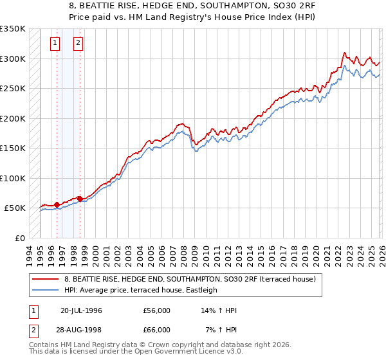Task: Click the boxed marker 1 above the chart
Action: [x=56, y=44]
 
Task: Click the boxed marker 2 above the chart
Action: [x=78, y=44]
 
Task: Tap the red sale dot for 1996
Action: [x=57, y=204]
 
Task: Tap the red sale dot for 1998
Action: [x=80, y=199]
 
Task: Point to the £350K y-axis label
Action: [x=13, y=29]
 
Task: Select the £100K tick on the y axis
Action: [x=13, y=178]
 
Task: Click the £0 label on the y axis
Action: [x=19, y=238]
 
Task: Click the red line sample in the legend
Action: [x=46, y=280]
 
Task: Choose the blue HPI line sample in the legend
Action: [x=46, y=290]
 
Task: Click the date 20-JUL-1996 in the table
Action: [x=81, y=310]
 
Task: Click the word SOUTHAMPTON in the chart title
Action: [x=172, y=5]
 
